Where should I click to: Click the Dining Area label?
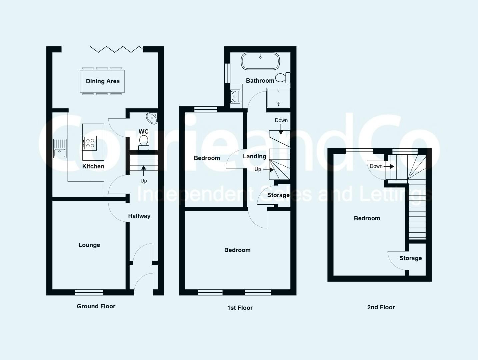tap(103, 81)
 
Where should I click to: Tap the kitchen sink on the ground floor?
tap(60, 149)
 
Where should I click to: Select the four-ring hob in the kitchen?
tap(90, 143)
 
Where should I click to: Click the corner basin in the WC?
tap(152, 118)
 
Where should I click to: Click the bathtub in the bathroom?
tap(260, 61)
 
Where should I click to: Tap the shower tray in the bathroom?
tap(278, 98)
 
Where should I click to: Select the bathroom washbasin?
tap(235, 96)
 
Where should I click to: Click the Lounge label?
tap(89, 245)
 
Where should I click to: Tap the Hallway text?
tap(139, 216)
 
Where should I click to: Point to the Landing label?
tap(255, 156)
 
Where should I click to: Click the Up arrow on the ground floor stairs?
tap(144, 171)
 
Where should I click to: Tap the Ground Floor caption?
tap(96, 306)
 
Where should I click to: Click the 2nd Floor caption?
tap(381, 307)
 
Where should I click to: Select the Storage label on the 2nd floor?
tap(411, 258)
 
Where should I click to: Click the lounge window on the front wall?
tap(89, 292)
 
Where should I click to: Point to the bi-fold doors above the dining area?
tap(117, 50)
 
